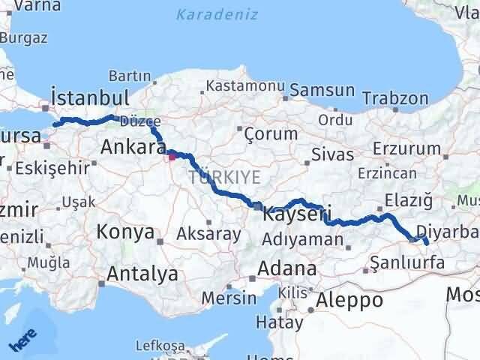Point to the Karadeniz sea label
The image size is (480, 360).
[217, 14]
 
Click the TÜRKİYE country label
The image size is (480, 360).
[225, 177]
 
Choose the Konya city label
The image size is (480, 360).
[125, 232]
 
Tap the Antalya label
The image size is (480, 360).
[142, 274]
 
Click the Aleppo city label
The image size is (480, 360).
[349, 300]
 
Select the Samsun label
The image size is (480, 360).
[322, 91]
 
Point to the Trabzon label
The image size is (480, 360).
[395, 98]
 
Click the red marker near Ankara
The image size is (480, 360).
[172, 155]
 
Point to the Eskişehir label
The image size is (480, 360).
[51, 167]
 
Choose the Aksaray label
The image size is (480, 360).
[208, 234]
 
